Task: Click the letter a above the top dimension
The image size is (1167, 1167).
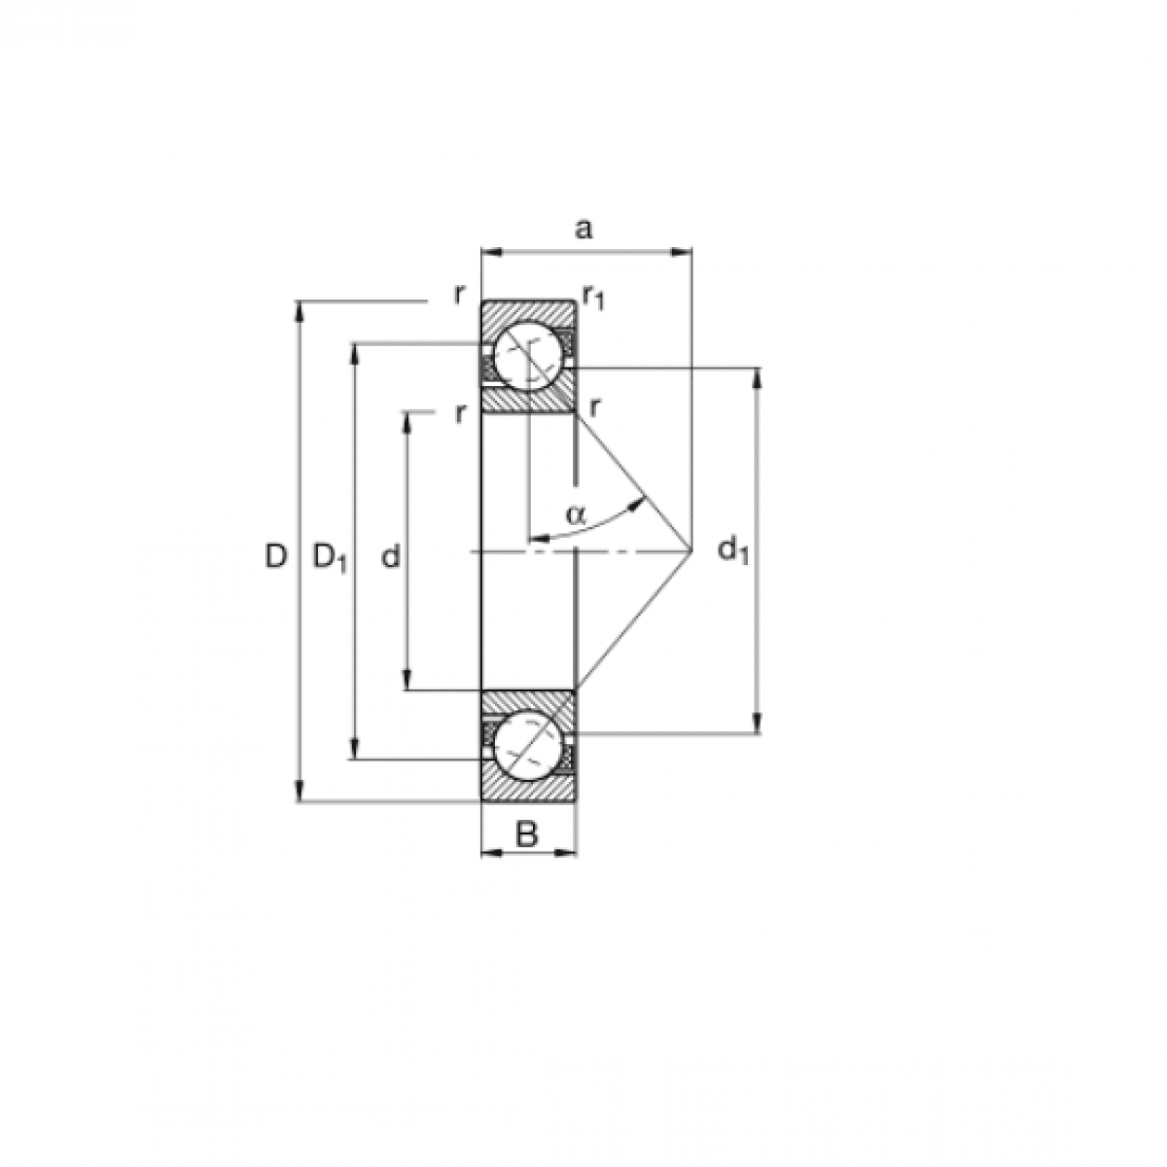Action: point(583,230)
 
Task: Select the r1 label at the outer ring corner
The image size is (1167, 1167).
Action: point(593,297)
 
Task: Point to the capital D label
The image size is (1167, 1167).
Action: point(276,557)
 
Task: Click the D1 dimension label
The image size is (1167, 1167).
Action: point(329,557)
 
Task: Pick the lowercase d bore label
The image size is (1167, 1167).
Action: point(391,557)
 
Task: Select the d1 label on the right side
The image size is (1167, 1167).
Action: point(733,551)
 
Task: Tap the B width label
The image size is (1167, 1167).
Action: point(526,833)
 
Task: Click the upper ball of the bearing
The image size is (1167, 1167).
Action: point(526,357)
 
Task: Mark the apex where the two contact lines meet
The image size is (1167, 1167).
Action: point(691,551)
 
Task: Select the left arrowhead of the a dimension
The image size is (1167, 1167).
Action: point(489,253)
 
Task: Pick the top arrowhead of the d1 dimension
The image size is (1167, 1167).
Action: point(758,376)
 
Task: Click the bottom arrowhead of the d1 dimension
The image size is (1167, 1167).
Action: point(758,725)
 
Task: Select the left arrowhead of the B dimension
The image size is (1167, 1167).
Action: point(489,853)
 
